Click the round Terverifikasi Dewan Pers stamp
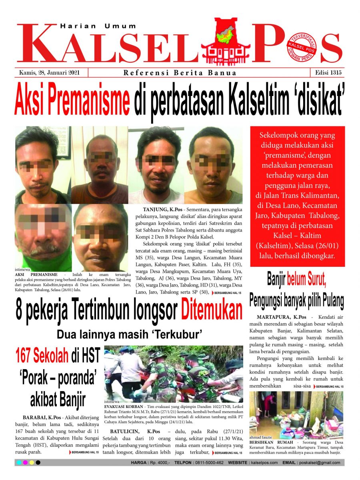tap(301, 48)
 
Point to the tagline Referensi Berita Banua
tap(180, 73)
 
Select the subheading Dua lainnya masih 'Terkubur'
tap(129, 333)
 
